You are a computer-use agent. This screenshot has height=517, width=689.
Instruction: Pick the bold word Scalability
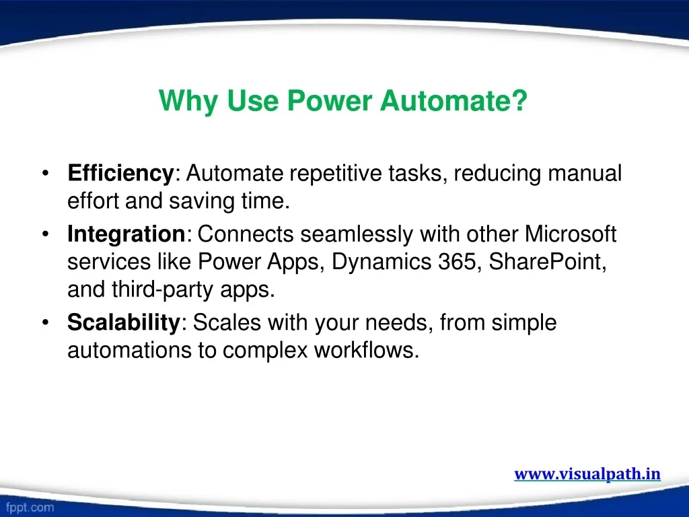click(x=124, y=323)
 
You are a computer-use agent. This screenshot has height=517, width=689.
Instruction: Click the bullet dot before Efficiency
click(x=46, y=173)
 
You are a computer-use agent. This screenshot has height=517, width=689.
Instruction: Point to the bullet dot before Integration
click(x=46, y=234)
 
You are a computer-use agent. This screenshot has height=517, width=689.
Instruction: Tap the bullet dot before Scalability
click(x=46, y=322)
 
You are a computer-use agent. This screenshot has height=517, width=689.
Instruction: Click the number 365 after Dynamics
click(x=457, y=262)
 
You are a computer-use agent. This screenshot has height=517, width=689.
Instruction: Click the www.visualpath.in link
click(x=587, y=474)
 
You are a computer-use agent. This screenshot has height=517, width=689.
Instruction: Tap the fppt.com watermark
click(x=30, y=508)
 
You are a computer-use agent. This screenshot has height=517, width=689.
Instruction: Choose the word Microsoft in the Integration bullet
click(x=571, y=234)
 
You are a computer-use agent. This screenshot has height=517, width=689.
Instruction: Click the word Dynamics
click(x=382, y=263)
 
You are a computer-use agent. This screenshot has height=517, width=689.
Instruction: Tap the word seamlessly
click(x=357, y=234)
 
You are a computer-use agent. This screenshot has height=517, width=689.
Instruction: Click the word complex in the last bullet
click(x=265, y=351)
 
